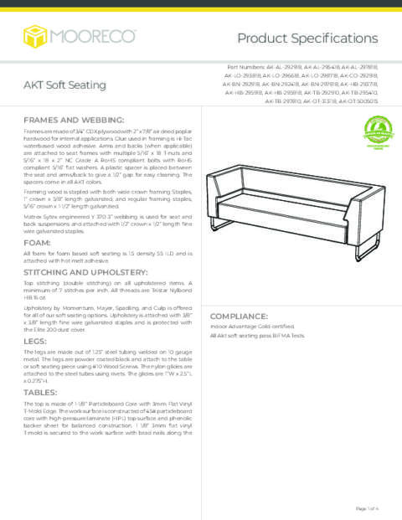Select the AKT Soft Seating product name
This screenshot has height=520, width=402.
pyautogui.click(x=64, y=85)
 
